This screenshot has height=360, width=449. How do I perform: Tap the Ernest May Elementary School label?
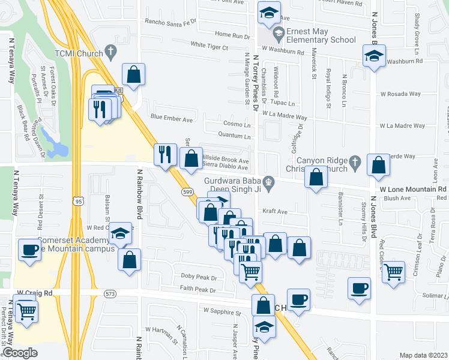(x=321, y=35)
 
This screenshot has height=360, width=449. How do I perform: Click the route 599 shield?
(x=187, y=190)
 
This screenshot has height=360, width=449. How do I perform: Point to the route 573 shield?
(x=110, y=293)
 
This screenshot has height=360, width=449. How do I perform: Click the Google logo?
(x=20, y=353)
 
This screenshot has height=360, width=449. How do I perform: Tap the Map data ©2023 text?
(x=423, y=355)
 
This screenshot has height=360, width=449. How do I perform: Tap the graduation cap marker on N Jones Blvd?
(x=374, y=56)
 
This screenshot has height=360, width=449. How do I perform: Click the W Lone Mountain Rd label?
(x=413, y=188)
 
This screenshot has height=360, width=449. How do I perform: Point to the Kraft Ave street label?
(x=276, y=211)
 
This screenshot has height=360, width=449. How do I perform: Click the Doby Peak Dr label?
(x=198, y=277)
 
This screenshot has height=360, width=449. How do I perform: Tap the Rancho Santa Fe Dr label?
(x=170, y=22)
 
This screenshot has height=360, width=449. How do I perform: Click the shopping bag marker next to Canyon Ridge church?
(x=316, y=178)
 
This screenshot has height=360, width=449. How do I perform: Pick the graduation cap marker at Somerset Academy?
(x=121, y=232)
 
